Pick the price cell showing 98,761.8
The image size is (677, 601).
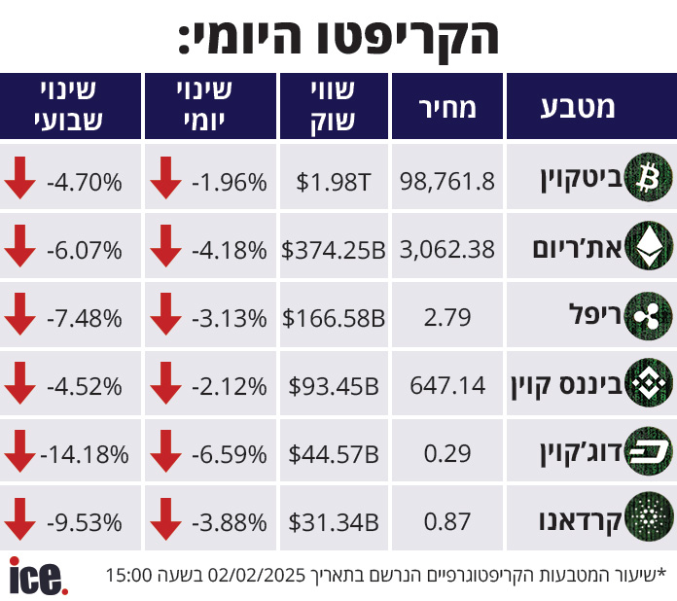point(448,182)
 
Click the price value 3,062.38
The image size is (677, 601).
point(448,250)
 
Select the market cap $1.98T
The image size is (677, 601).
point(334,182)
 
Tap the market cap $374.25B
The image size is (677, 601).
point(334,250)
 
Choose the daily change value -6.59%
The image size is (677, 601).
point(230,454)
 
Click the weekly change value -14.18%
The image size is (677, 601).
point(85,454)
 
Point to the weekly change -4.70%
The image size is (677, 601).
point(85,182)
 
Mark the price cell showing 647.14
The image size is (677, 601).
point(448,386)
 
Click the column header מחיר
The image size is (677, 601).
point(448,107)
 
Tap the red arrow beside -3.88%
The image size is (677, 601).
point(165,522)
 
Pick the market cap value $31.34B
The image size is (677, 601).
point(334,522)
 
